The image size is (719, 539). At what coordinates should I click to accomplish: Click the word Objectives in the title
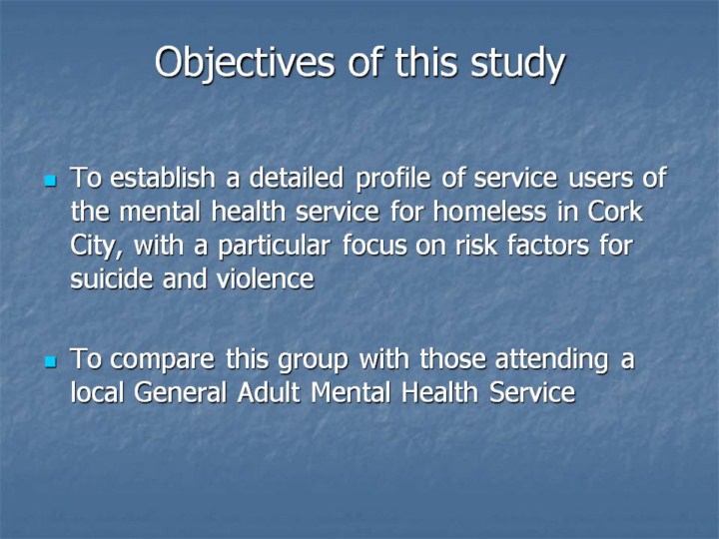[x=245, y=63]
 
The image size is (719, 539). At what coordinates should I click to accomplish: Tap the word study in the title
[x=517, y=63]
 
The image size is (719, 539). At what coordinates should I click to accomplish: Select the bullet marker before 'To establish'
[x=50, y=181]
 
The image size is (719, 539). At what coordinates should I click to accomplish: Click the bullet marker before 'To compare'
[x=50, y=362]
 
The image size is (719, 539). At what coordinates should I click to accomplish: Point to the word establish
[x=163, y=178]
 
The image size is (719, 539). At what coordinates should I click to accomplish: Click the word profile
[x=393, y=179]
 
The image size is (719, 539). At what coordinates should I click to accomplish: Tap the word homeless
[x=489, y=212]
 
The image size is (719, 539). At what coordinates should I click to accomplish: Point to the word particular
[x=274, y=247]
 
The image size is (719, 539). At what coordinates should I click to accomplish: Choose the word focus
[x=374, y=246]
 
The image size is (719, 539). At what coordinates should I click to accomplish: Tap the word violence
[x=265, y=278]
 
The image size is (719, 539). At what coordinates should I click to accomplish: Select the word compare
[x=162, y=360]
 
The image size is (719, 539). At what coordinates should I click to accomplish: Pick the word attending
[x=551, y=360]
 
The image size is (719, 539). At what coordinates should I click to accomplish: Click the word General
[x=181, y=393]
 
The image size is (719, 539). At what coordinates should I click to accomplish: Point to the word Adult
[x=269, y=393]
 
